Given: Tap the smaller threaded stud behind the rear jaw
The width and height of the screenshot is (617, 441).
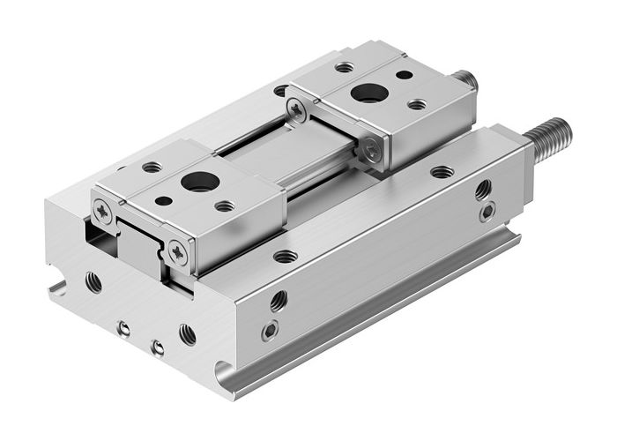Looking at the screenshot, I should (x=466, y=82).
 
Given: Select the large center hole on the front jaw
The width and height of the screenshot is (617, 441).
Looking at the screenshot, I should (x=193, y=183).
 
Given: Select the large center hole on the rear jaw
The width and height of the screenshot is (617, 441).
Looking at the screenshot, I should (x=363, y=93).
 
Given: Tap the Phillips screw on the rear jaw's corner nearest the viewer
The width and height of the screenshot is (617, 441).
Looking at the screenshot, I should (x=375, y=151).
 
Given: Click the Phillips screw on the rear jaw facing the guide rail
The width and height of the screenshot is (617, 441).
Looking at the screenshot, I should (x=297, y=109).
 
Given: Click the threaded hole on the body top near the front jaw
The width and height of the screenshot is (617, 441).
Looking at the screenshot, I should (x=285, y=257).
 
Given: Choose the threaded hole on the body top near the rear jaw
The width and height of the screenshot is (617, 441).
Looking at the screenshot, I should (x=442, y=172).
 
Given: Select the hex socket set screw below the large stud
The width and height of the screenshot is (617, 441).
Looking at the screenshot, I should (x=486, y=213).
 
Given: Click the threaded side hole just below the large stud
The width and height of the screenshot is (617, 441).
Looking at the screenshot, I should (x=483, y=189).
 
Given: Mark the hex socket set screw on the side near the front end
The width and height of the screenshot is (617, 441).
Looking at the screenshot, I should (x=270, y=331).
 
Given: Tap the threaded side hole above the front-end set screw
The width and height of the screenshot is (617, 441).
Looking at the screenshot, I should (x=278, y=300).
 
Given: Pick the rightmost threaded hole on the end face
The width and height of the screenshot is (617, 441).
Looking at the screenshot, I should (x=187, y=333).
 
